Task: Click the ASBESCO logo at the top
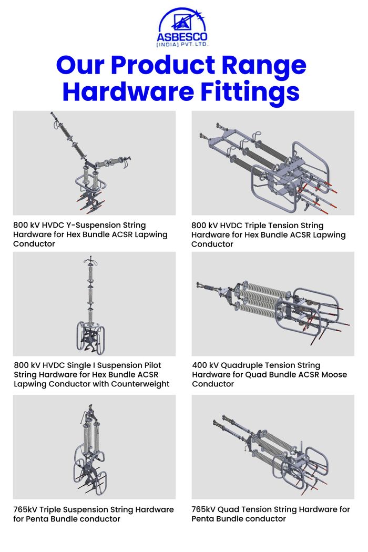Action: coord(182,27)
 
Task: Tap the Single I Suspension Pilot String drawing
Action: coord(90,304)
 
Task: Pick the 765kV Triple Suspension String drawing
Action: coord(90,449)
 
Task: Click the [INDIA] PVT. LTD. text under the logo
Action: coord(182,44)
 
